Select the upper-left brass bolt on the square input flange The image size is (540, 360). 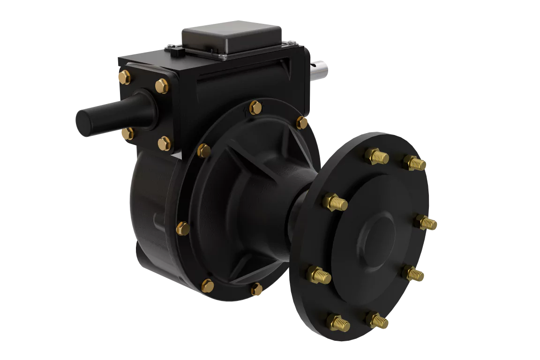tap(124, 77)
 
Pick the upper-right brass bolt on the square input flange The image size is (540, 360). tap(161, 85)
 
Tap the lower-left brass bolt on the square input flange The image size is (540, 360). tap(127, 134)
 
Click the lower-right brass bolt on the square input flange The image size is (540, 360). tap(164, 142)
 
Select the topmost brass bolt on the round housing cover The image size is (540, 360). tap(255, 107)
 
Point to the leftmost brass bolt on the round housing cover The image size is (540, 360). tap(183, 229)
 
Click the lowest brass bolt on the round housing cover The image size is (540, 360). tap(256, 289)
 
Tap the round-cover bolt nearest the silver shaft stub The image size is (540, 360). tap(302, 123)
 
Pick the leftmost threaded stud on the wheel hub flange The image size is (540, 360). tap(319, 274)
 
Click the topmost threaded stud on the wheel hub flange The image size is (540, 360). tap(377, 156)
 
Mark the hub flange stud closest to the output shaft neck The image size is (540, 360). tap(335, 202)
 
